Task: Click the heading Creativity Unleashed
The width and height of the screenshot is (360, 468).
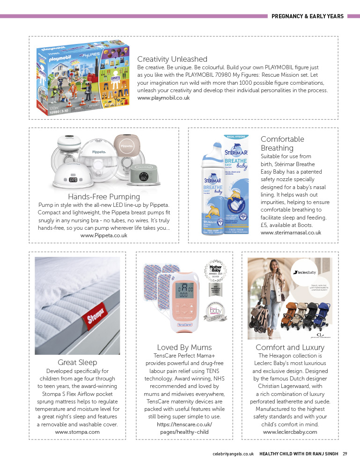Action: click(x=172, y=59)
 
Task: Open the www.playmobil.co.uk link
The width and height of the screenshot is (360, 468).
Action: click(x=163, y=98)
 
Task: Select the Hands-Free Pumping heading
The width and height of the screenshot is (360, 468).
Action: click(x=104, y=197)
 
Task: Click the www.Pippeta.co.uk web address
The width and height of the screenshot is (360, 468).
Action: click(x=104, y=235)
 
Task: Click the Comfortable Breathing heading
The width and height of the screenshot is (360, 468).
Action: click(x=282, y=144)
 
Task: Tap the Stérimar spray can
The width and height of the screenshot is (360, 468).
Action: click(x=214, y=187)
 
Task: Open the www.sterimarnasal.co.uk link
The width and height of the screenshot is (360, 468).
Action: click(x=291, y=233)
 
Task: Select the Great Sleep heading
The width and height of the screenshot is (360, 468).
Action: click(x=77, y=362)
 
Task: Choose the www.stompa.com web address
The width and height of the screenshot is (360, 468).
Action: click(x=77, y=432)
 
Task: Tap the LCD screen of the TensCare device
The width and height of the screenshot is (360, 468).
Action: click(x=184, y=292)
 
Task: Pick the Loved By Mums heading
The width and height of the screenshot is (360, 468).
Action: click(x=184, y=347)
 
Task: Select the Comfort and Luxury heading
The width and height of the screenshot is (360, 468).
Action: click(x=290, y=347)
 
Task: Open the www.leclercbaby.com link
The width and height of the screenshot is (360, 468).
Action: click(x=290, y=432)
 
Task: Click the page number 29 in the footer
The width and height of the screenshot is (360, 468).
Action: click(x=345, y=453)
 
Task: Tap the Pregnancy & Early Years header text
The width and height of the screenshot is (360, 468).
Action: click(x=308, y=16)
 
